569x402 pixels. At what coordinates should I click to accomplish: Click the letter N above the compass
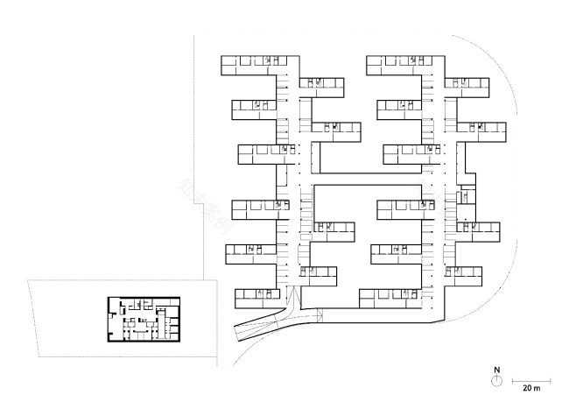[495, 369]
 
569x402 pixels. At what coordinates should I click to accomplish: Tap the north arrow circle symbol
[495, 380]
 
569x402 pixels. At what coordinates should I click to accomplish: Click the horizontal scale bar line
[530, 379]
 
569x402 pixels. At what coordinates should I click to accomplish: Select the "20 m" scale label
[530, 386]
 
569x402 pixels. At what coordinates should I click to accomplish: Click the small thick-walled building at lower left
[144, 317]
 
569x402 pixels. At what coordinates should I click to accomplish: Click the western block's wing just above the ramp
[256, 296]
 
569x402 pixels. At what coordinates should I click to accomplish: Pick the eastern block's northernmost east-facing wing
[468, 84]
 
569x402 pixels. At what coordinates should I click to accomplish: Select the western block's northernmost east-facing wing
[322, 84]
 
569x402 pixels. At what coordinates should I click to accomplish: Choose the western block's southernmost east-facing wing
[320, 275]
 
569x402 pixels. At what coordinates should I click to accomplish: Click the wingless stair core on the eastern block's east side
[468, 194]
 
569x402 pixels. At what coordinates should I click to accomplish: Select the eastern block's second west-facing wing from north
[402, 109]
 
